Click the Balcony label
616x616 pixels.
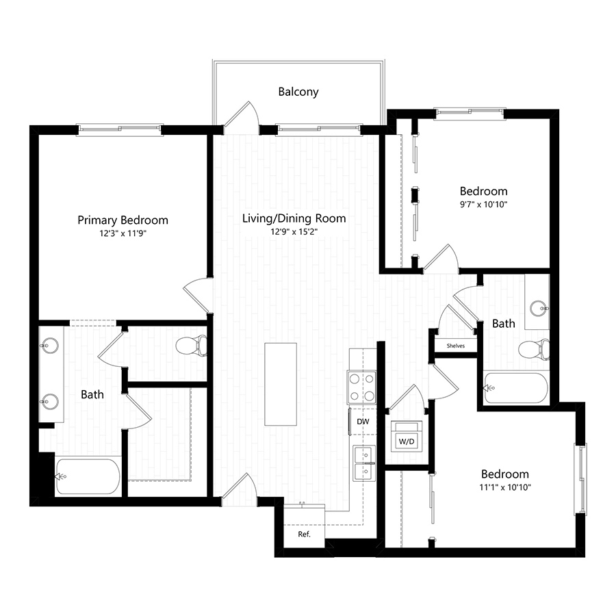click(x=298, y=91)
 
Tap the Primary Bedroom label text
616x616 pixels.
click(x=123, y=220)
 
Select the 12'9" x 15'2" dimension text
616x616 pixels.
click(x=294, y=231)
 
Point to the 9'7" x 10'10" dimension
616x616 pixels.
click(x=483, y=203)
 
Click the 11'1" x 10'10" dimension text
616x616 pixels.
click(x=504, y=487)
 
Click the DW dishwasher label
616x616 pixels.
click(x=363, y=422)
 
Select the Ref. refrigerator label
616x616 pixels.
click(x=304, y=534)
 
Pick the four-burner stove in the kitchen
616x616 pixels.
click(x=361, y=387)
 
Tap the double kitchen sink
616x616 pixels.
click(x=364, y=463)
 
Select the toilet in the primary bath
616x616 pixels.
click(x=191, y=346)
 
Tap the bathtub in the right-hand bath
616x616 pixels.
click(x=516, y=388)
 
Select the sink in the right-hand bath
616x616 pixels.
click(x=542, y=309)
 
